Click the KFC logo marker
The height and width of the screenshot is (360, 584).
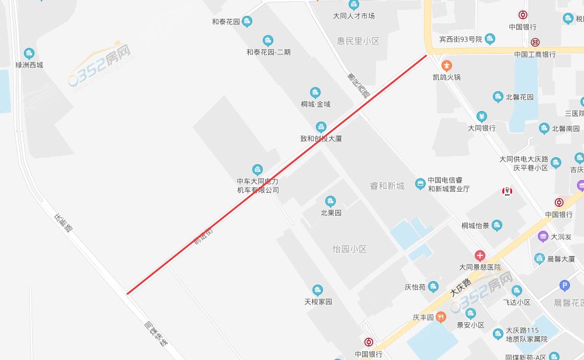[507, 192]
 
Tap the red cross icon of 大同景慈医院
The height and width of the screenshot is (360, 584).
[479, 255]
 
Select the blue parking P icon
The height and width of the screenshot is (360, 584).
[564, 285]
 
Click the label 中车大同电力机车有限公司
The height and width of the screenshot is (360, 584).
[258, 186]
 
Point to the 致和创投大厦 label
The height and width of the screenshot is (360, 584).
[321, 139]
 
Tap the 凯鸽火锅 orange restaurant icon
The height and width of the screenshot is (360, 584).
[447, 65]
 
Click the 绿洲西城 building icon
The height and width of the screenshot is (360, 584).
[29, 53]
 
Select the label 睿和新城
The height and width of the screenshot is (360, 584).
[387, 186]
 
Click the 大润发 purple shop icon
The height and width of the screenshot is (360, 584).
[543, 236]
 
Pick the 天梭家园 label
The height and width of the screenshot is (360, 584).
[318, 302]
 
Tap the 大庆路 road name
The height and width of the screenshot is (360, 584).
[461, 288]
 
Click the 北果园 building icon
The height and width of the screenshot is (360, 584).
[331, 202]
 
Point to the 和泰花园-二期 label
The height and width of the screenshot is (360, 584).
[268, 52]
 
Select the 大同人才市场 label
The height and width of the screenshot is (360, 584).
[353, 16]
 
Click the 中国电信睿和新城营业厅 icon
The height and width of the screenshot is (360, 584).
[419, 184]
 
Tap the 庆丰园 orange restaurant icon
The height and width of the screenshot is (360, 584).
[441, 317]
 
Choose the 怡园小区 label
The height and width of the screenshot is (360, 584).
[350, 249]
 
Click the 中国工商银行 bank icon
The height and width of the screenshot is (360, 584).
[535, 42]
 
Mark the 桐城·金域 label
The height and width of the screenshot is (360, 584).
[315, 104]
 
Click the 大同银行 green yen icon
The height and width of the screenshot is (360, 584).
[481, 116]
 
